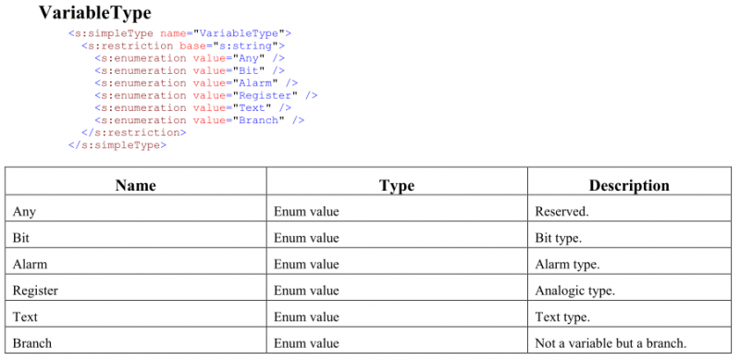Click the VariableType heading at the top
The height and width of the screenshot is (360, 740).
click(x=95, y=13)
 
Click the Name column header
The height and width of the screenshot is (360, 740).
click(x=135, y=185)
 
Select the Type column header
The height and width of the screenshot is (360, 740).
click(x=397, y=186)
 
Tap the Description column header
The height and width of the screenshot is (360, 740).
click(x=629, y=186)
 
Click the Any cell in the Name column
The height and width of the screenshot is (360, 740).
click(x=24, y=212)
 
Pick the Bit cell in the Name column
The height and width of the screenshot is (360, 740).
click(x=20, y=238)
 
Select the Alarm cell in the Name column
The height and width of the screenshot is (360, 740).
click(x=30, y=264)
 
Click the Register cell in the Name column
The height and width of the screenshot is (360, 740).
click(x=35, y=291)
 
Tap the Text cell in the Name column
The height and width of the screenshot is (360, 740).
click(x=25, y=317)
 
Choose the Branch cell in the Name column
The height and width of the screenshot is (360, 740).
click(x=32, y=343)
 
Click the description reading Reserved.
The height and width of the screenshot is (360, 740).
click(x=562, y=212)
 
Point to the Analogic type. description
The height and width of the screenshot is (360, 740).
click(x=574, y=291)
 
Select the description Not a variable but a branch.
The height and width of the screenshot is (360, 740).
click(x=610, y=343)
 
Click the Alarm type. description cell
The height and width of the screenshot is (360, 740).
click(x=567, y=264)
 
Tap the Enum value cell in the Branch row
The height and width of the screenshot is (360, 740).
click(x=306, y=343)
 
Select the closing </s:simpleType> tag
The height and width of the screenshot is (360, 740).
click(x=117, y=145)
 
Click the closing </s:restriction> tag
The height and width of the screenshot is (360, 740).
click(x=134, y=132)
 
